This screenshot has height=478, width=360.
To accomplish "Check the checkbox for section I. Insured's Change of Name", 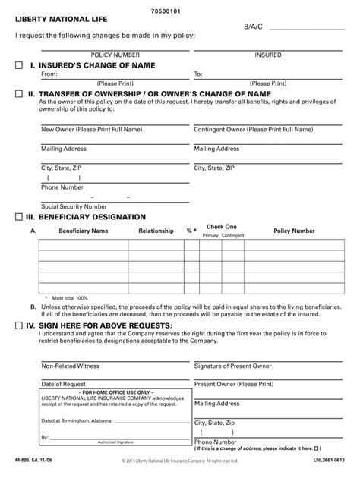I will tap(20, 66).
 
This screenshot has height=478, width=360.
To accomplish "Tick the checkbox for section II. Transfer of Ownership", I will tap(20, 93).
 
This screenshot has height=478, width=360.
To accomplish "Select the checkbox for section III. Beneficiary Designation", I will tap(20, 217).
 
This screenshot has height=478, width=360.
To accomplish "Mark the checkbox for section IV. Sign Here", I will tap(20, 325).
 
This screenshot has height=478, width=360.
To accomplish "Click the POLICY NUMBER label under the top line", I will tap(115, 55).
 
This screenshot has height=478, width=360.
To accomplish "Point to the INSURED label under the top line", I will tap(268, 55).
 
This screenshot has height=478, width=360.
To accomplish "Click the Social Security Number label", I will tap(74, 206).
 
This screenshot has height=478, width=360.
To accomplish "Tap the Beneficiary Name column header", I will tap(84, 230).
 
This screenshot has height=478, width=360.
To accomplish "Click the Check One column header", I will tap(222, 226).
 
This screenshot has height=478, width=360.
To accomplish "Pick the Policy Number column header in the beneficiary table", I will tap(294, 230).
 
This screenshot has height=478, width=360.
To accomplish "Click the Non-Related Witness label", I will tap(70, 366).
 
